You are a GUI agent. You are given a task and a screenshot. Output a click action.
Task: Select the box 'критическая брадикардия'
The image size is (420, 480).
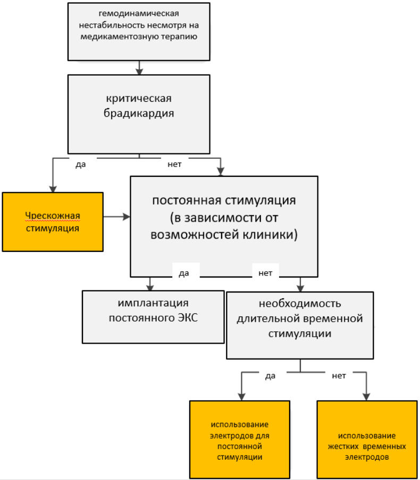(139, 114)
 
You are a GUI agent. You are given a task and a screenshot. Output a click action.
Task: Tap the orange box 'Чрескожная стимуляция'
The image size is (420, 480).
(53, 222)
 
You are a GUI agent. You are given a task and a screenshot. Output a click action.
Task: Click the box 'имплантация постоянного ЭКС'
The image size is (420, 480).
(153, 316)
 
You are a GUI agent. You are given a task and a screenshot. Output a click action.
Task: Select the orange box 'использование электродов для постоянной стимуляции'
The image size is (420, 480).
(239, 440)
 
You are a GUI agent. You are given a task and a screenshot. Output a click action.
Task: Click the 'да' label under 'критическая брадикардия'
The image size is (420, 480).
(81, 164)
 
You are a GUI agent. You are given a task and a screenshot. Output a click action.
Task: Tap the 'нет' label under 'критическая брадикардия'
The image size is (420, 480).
(174, 164)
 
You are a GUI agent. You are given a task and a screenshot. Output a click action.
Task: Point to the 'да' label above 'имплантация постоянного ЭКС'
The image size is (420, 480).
(184, 273)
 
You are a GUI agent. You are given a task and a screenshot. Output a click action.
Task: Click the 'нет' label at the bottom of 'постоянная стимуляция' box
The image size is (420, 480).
(265, 273)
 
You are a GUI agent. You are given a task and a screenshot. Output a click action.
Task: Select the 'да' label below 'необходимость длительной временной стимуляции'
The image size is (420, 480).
(270, 376)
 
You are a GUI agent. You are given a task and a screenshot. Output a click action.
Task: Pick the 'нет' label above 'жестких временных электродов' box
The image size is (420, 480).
(339, 376)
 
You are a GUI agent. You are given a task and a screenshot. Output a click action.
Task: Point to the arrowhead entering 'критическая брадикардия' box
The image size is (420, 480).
(139, 71)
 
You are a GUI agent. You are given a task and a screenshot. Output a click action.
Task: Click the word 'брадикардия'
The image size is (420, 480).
(140, 113)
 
